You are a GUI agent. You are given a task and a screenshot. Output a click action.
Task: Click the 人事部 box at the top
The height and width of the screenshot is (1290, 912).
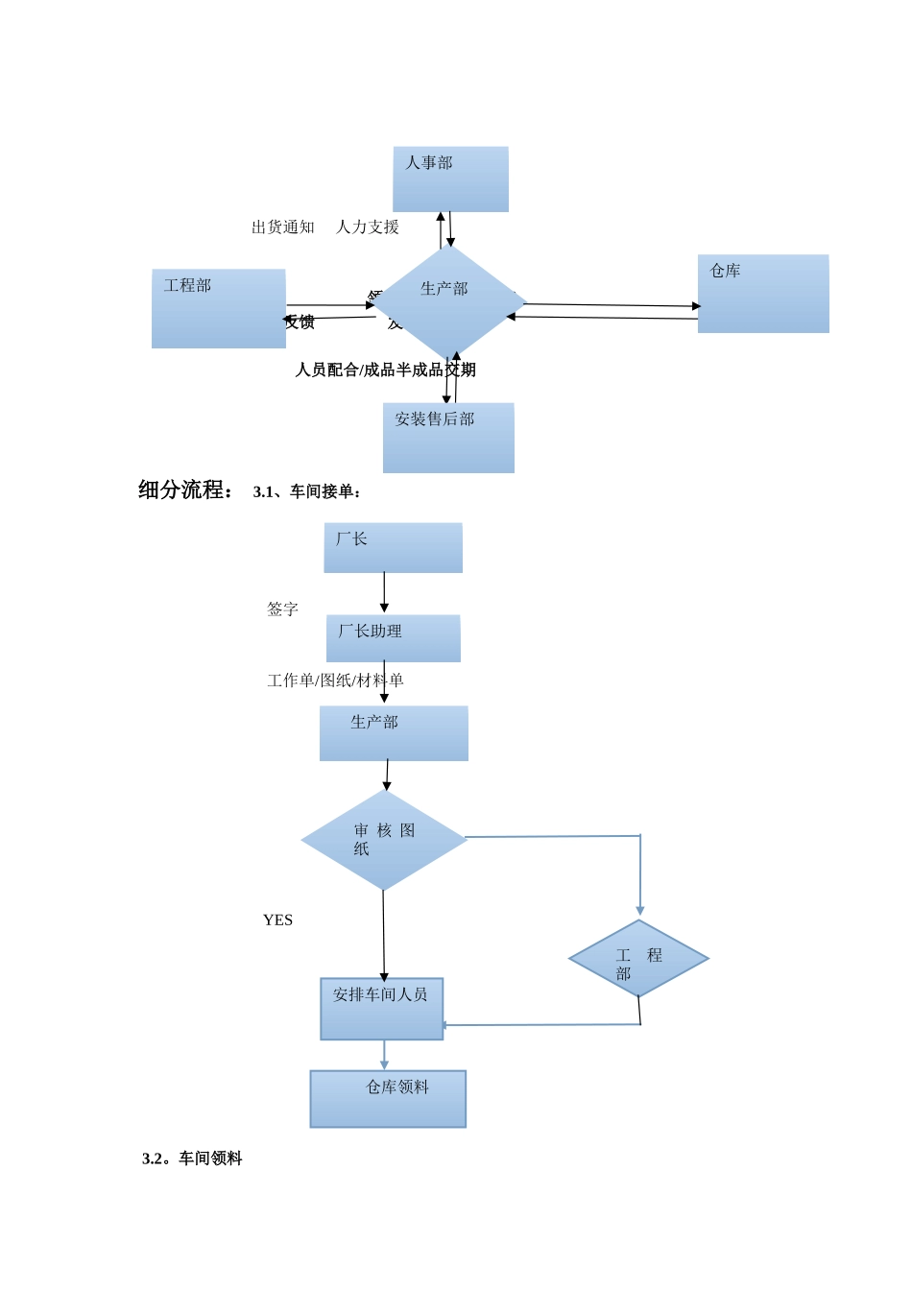pos(450,179)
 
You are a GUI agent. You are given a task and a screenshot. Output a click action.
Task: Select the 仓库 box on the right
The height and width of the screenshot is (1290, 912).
pos(763,294)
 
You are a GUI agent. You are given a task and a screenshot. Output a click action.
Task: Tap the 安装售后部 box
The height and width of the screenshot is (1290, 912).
pos(448,438)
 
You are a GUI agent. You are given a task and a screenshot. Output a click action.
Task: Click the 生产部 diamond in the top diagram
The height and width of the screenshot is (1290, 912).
pos(448,302)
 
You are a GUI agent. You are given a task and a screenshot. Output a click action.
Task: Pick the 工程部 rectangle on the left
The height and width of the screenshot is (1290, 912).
pos(219,308)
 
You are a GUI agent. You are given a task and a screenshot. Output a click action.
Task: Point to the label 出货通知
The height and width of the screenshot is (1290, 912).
pos(283,227)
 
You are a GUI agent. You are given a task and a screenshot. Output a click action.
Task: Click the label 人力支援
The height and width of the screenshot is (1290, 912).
pos(368,227)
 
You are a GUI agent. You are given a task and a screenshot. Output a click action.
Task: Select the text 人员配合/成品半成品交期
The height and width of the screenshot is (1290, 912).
pos(385,370)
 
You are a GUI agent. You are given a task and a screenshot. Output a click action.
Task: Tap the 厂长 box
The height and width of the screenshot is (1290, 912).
pos(393,548)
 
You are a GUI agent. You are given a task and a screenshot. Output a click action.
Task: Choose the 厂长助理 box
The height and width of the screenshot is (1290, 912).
pos(393,638)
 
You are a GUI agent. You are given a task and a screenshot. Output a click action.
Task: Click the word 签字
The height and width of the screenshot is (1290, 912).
pos(282,609)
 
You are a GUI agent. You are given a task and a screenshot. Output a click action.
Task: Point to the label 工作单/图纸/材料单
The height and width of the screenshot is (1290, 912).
pos(335,681)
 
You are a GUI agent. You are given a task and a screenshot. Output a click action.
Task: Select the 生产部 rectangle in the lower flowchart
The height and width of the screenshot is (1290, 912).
pos(394,733)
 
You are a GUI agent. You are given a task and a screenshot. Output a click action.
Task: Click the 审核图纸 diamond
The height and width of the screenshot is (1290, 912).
pos(383,840)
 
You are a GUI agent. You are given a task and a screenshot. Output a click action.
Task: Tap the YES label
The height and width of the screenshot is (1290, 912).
pos(277,920)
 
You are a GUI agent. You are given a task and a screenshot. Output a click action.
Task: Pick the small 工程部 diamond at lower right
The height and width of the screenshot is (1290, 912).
pos(638,959)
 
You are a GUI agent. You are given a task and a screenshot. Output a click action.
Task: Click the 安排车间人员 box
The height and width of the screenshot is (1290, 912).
pos(381,1009)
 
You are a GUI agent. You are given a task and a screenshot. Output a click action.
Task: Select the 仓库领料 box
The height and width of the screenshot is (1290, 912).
pos(388,1099)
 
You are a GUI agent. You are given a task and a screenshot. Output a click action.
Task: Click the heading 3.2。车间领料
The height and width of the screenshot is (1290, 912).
pos(192,1159)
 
